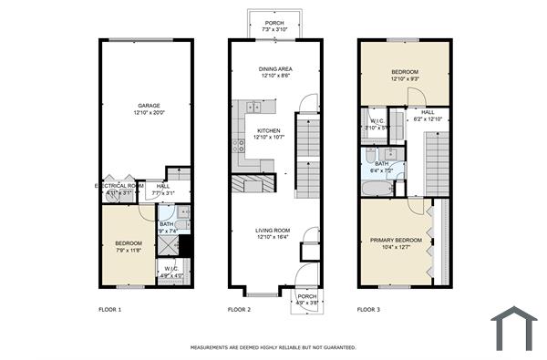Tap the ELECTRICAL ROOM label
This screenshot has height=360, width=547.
coord(119,185)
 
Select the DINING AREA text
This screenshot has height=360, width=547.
coord(274,68)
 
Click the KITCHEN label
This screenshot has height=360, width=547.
coord(268,130)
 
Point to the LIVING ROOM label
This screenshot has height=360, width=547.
coord(272,230)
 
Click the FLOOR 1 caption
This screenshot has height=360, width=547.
coord(109,310)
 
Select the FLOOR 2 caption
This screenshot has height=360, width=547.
coord(239,310)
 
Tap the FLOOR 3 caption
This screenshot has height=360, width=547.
coord(369,310)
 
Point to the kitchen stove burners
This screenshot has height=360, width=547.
coord(239,144)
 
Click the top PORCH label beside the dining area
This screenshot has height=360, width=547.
coord(273,23)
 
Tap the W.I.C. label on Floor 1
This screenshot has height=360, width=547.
coord(171,268)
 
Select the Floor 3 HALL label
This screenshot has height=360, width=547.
coord(428,112)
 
